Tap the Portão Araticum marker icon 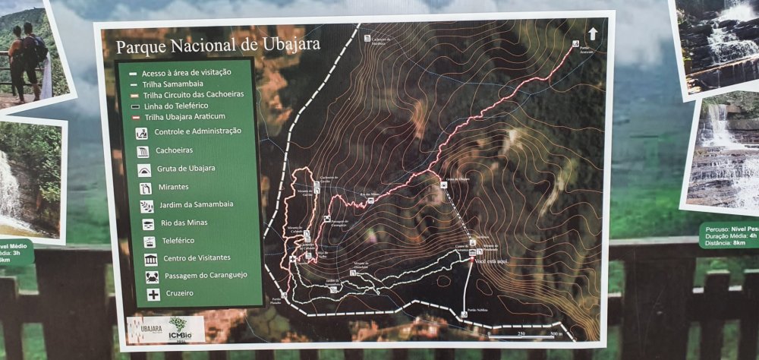[575, 45]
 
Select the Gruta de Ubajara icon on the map [443, 185]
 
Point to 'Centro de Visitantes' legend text [197, 258]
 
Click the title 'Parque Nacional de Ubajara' [218, 43]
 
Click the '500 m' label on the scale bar [556, 333]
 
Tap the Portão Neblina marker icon [464, 314]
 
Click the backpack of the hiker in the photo [33, 49]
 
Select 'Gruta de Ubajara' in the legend [187, 168]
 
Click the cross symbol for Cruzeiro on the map [293, 259]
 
